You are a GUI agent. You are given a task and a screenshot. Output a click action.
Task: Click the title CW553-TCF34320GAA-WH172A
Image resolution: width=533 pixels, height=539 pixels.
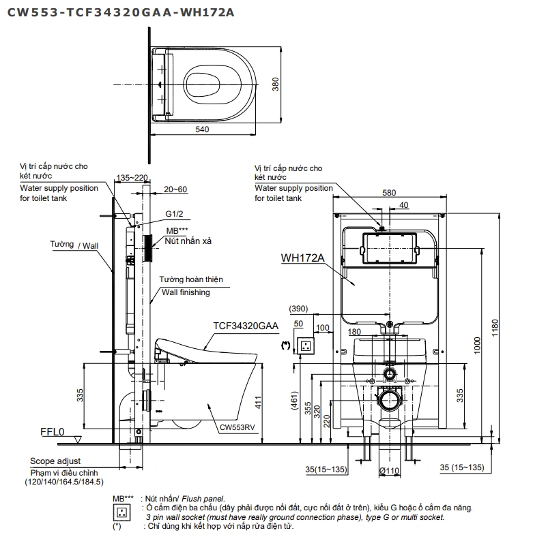pos(121,12)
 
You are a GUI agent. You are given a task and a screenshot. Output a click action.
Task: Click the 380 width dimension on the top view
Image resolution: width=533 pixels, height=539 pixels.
pos(276,84)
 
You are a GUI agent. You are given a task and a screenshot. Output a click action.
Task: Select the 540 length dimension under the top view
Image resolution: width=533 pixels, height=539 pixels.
pos(202,129)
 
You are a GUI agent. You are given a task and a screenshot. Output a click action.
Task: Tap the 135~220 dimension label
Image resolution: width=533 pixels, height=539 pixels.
pos(132,178)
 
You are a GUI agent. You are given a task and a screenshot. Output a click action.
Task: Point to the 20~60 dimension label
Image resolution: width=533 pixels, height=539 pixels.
pos(175,189)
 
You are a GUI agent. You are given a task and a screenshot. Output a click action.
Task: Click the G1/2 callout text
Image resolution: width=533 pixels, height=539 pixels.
pos(174,214)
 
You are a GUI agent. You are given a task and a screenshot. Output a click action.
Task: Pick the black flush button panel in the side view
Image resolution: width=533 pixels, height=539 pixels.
pos(147,249)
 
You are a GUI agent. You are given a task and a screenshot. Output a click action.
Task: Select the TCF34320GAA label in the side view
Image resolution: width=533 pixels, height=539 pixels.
pos(246,326)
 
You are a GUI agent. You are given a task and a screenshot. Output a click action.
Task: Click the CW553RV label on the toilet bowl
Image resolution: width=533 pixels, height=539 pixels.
pos(237,427)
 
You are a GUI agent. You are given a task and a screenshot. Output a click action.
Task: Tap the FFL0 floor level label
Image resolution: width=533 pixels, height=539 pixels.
pos(53,432)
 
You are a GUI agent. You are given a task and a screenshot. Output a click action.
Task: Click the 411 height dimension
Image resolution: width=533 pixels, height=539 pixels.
pos(258,403)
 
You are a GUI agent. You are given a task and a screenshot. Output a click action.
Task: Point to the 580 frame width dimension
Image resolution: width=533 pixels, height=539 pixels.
pos(389,193)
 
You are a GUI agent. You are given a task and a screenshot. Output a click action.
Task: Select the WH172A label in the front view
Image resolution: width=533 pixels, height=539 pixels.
pos(302,258)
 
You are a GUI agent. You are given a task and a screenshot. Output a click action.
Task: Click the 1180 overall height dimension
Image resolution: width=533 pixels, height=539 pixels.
pos(495,328)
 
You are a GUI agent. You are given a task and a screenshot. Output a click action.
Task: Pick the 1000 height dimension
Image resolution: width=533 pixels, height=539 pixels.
pos(477,345)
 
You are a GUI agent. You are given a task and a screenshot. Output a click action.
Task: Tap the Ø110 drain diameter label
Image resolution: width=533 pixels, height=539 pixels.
pos(390,471)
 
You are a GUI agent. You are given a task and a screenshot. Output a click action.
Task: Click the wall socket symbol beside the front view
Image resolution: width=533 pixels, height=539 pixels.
pos(306,345)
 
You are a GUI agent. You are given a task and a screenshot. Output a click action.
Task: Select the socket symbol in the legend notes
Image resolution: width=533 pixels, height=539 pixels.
pos(121,512)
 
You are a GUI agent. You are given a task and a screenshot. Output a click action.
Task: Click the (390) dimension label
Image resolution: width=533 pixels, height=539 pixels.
pos(298,309)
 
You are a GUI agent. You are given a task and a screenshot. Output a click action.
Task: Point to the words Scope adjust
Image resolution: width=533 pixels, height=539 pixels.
pos(55,461)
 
